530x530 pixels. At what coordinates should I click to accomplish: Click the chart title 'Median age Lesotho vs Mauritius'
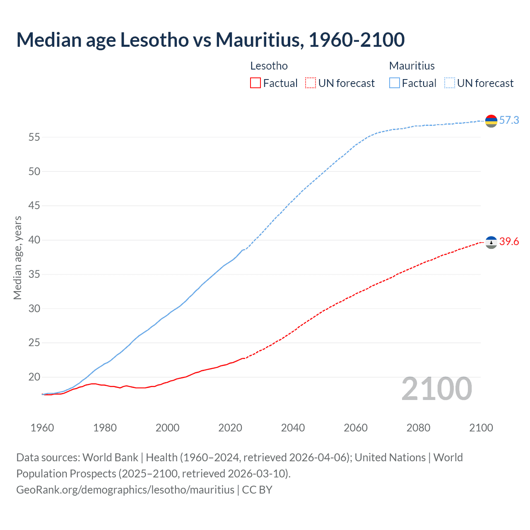(x=210, y=40)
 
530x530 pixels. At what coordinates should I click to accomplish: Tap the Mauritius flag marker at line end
(x=491, y=121)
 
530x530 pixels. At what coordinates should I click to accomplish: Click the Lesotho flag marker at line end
(x=491, y=242)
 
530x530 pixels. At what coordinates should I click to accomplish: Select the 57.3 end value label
(x=509, y=120)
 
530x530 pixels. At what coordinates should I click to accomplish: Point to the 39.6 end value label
(x=509, y=242)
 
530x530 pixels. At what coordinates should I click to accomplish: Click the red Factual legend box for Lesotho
(x=255, y=83)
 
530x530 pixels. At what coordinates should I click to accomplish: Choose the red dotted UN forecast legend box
(x=311, y=83)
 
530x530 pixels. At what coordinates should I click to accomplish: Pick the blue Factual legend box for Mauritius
(x=395, y=83)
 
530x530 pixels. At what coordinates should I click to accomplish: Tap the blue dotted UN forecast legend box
(x=450, y=83)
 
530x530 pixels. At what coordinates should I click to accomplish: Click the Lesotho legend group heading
(x=269, y=66)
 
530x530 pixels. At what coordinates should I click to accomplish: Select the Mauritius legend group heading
(x=412, y=66)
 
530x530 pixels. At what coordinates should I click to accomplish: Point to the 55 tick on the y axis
(x=34, y=137)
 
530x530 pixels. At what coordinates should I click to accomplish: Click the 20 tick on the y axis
(x=34, y=377)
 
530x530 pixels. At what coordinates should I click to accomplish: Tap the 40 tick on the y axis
(x=34, y=240)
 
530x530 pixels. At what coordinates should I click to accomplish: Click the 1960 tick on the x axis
(x=42, y=428)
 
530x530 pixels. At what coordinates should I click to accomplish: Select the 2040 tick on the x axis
(x=293, y=428)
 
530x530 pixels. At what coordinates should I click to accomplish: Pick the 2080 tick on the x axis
(x=418, y=428)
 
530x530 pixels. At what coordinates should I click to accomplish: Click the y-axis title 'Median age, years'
(x=17, y=258)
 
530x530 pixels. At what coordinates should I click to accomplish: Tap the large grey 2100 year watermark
(x=436, y=389)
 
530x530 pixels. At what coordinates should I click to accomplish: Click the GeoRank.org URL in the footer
(x=125, y=490)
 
